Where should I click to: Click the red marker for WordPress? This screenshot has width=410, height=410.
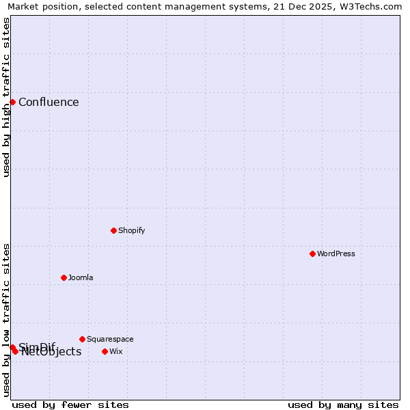(312, 254)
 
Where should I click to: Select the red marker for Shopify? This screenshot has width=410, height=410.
(113, 230)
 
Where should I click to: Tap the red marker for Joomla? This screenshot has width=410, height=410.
(64, 277)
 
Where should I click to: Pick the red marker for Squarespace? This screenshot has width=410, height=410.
(82, 339)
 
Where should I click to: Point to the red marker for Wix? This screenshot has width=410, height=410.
(105, 351)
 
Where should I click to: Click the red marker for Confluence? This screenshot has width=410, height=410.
(12, 102)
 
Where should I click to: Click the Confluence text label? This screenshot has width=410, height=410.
(49, 102)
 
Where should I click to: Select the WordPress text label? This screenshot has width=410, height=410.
(336, 254)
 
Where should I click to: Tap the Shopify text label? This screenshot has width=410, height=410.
(131, 230)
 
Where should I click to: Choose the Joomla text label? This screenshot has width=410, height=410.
(81, 277)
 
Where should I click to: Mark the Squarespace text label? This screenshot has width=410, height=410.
(110, 339)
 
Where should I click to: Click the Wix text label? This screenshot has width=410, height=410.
(116, 351)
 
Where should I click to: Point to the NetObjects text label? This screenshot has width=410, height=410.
(51, 352)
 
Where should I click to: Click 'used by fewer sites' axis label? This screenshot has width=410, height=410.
(70, 405)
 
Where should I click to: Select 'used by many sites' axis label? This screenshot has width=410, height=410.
(343, 405)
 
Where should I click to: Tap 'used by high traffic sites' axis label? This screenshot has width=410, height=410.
(6, 97)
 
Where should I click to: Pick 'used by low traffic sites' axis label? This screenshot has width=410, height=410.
(6, 320)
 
